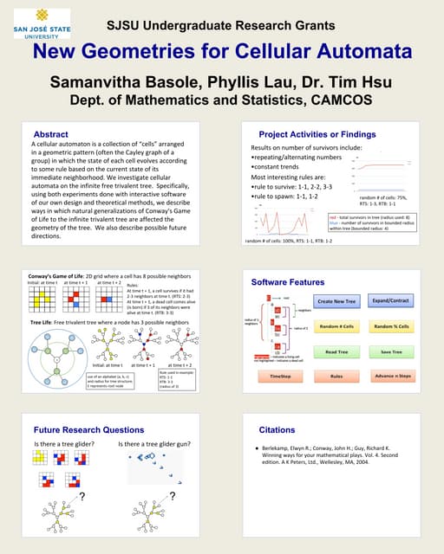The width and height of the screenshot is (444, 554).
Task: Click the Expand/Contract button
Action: [x=390, y=300]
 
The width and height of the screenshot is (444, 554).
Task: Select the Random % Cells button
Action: [x=390, y=326]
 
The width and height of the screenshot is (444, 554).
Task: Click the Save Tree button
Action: [x=390, y=351]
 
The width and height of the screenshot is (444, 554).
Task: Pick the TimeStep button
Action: [x=281, y=377]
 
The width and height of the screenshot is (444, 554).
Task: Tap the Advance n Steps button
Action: [x=390, y=377]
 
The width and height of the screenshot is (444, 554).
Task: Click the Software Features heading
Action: [x=288, y=282]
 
